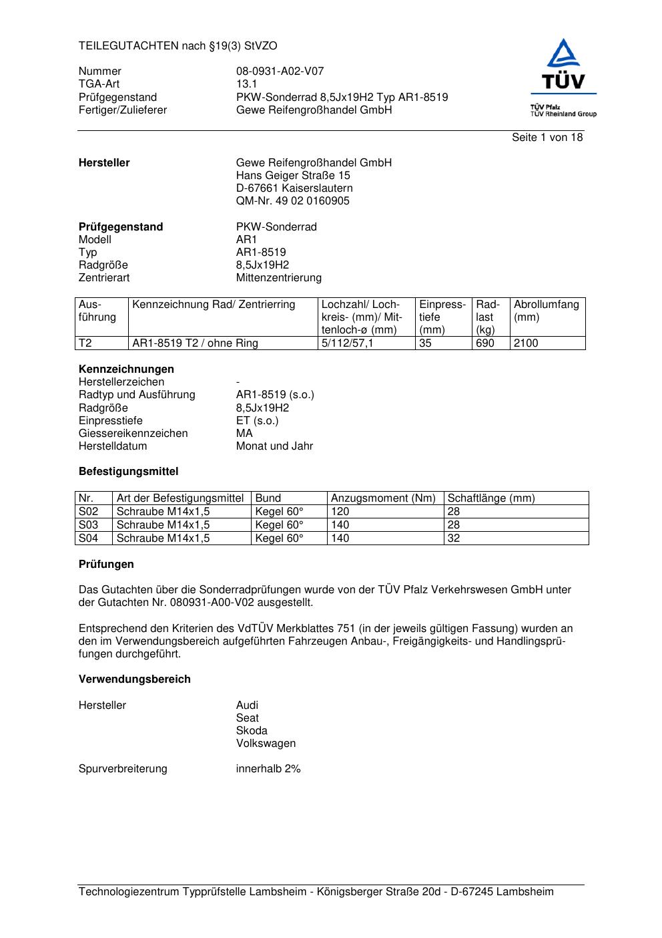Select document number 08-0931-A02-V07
(x=280, y=71)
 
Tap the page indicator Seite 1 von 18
(x=547, y=138)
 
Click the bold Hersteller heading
(x=104, y=163)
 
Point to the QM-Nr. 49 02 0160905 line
(x=292, y=201)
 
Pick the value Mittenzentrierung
(x=278, y=278)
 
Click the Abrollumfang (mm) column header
(x=546, y=311)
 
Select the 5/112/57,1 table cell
(x=347, y=343)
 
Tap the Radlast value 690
(x=484, y=343)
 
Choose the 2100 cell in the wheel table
(x=526, y=343)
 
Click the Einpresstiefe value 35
(x=425, y=343)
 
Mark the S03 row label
(x=88, y=525)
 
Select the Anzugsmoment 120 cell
(x=340, y=512)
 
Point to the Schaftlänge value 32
(x=454, y=538)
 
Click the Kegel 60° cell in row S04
(x=279, y=538)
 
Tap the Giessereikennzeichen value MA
(x=244, y=434)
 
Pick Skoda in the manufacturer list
(x=252, y=731)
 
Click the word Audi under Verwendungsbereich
(x=247, y=706)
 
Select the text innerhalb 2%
(x=268, y=769)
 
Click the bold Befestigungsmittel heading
(x=128, y=472)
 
